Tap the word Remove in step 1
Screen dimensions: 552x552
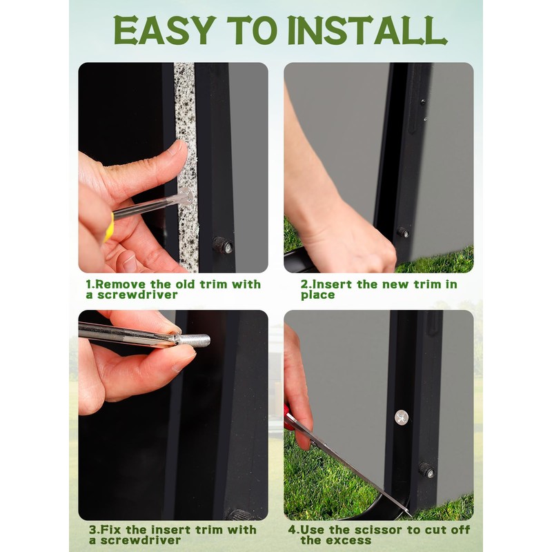pos(120,284)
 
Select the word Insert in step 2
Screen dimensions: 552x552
pos(332,284)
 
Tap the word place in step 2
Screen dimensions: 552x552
pos(317,295)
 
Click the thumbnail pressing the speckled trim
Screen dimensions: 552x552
pos(177,148)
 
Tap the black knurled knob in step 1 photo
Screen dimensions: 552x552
pos(222,245)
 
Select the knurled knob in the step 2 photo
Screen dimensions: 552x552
pos(403,232)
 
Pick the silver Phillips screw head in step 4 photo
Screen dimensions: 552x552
pos(402,417)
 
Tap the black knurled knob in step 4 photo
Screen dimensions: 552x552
pos(426,470)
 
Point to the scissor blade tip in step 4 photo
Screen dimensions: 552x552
pos(411,515)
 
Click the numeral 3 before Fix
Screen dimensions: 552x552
pos(92,529)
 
